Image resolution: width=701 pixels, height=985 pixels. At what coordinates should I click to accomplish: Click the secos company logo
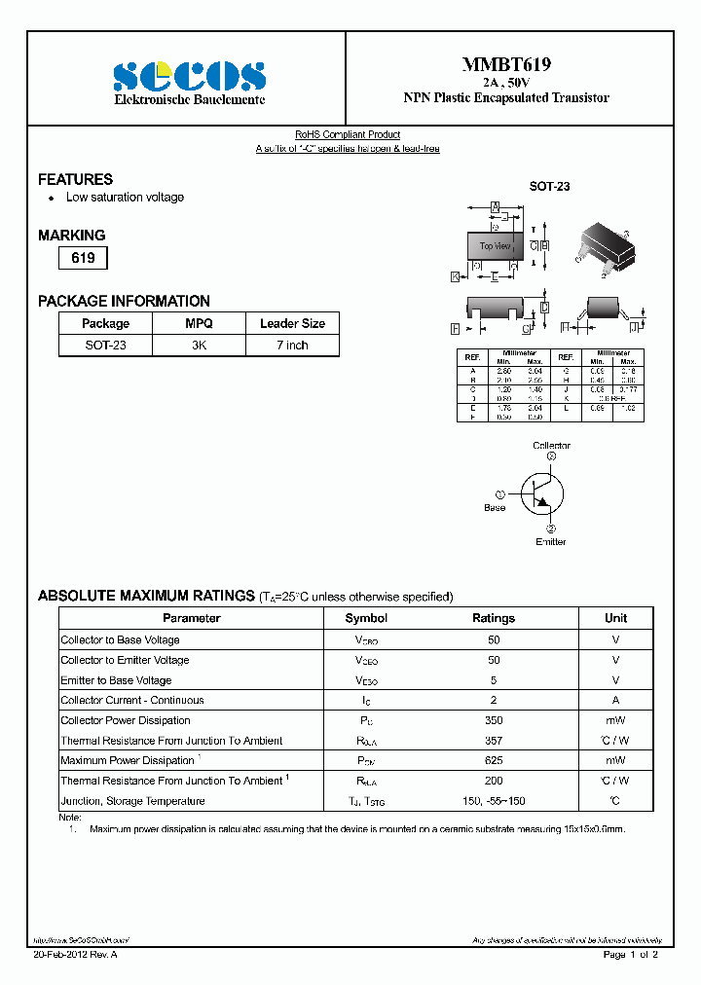(x=190, y=76)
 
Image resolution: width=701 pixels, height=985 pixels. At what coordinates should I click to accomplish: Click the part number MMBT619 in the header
(x=506, y=64)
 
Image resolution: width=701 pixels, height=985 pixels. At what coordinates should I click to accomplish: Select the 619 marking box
(x=83, y=259)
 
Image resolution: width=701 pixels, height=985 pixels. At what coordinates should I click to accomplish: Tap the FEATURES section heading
(x=75, y=179)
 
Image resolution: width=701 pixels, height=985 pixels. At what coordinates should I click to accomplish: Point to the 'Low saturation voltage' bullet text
(x=125, y=198)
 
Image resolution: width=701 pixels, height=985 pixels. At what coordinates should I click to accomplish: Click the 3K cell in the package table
(x=199, y=346)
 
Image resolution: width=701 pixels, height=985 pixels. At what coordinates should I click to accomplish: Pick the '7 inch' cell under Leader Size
(x=292, y=346)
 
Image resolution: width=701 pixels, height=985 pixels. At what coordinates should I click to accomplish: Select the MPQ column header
(x=199, y=324)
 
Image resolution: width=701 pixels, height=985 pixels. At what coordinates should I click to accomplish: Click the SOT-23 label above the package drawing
(x=549, y=186)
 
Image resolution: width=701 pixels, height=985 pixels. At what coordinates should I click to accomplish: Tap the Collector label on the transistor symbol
(x=551, y=446)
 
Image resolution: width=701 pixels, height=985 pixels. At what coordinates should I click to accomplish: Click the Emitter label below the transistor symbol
(x=550, y=542)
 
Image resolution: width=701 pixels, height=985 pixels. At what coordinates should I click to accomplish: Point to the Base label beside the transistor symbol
(x=495, y=508)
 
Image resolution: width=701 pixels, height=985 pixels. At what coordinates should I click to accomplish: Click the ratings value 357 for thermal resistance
(x=494, y=741)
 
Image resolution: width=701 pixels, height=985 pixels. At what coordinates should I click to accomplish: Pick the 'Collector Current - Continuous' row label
(x=132, y=701)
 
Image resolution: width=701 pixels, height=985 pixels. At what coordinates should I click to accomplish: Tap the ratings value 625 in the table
(x=494, y=761)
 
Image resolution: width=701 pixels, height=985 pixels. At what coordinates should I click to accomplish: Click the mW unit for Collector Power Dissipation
(x=615, y=721)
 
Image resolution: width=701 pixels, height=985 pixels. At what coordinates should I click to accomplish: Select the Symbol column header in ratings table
(x=366, y=618)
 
